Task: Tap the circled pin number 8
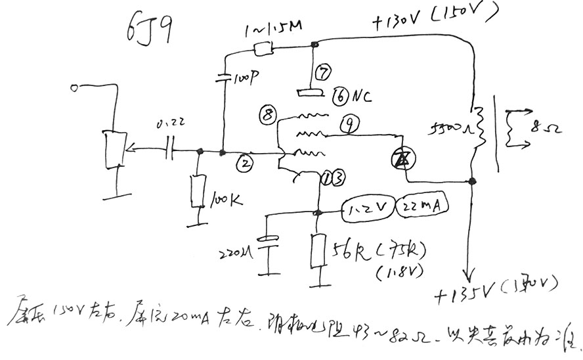click(x=267, y=115)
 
